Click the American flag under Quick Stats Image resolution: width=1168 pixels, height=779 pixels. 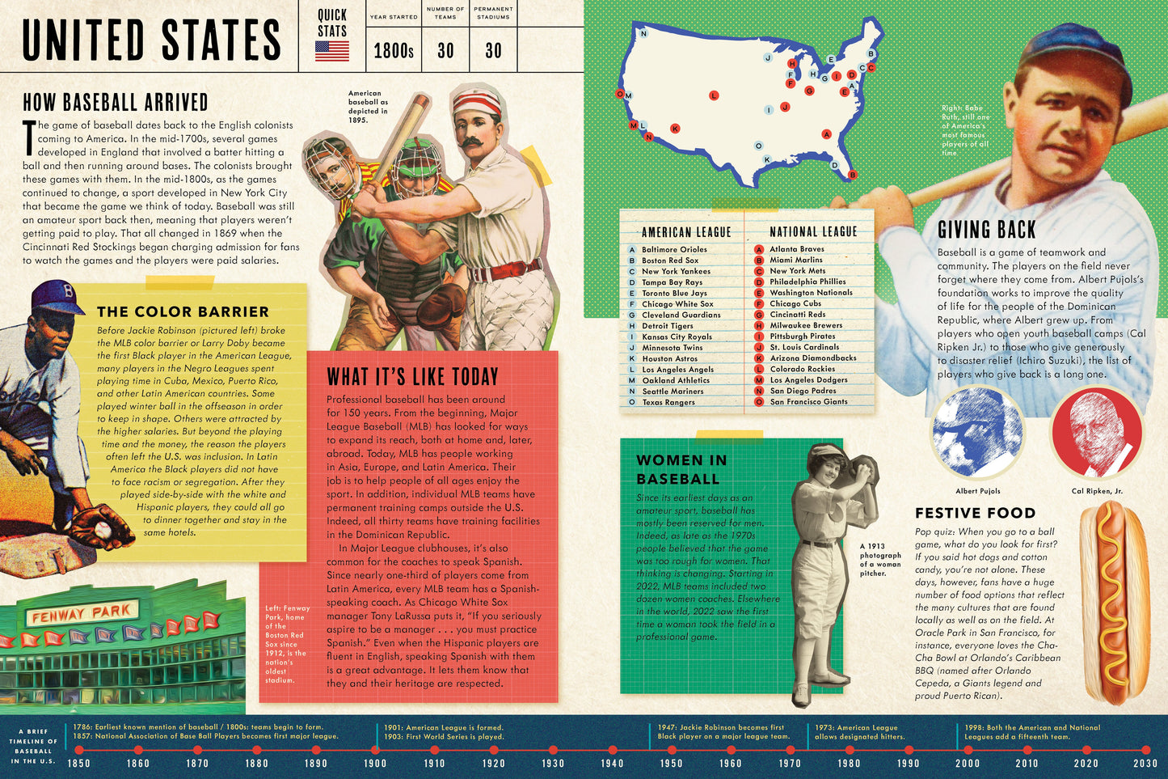pyautogui.click(x=331, y=51)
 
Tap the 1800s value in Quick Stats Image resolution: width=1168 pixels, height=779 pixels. pyautogui.click(x=394, y=51)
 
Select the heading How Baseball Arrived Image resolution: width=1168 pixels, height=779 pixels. pyautogui.click(x=115, y=102)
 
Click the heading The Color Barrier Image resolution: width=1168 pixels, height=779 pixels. pyautogui.click(x=183, y=311)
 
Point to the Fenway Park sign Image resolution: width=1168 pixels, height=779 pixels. pyautogui.click(x=82, y=614)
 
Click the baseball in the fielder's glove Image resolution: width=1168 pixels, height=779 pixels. pyautogui.click(x=104, y=529)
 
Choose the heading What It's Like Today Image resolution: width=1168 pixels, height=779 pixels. pyautogui.click(x=412, y=377)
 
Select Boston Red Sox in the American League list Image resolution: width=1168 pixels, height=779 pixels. pyautogui.click(x=670, y=260)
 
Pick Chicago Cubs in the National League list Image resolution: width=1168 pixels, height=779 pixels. pyautogui.click(x=795, y=303)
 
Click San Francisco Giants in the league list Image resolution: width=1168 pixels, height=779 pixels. pyautogui.click(x=808, y=401)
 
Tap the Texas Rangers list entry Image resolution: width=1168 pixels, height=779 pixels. pyautogui.click(x=668, y=402)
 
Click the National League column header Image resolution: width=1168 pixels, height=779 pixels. pyautogui.click(x=812, y=232)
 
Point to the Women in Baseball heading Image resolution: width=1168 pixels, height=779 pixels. pyautogui.click(x=681, y=469)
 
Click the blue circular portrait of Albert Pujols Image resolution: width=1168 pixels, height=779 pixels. pyautogui.click(x=977, y=434)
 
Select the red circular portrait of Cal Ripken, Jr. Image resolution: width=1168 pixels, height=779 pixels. pyautogui.click(x=1097, y=434)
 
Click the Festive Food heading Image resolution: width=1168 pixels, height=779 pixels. pyautogui.click(x=975, y=513)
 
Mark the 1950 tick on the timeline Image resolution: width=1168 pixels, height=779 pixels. pyautogui.click(x=671, y=750)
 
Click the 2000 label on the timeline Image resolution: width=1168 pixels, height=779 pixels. pyautogui.click(x=968, y=763)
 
